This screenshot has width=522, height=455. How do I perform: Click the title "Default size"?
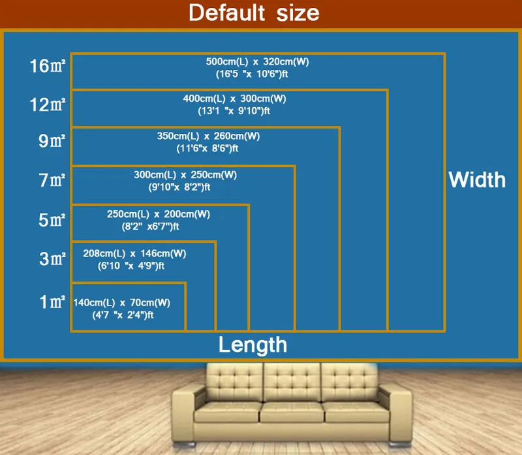254,13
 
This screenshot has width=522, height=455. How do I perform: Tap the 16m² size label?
47,66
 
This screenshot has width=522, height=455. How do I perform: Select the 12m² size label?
47,104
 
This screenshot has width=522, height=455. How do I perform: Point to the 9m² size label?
52,140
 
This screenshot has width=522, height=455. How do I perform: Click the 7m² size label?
52,180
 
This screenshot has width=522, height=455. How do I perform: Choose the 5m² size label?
52,219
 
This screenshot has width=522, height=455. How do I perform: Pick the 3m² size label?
52,259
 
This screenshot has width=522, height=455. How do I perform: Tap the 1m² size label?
52,302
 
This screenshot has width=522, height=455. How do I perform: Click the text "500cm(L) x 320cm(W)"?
257,61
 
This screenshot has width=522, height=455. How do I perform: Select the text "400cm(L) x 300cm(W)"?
234,99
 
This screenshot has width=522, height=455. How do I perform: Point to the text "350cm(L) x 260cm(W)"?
208,136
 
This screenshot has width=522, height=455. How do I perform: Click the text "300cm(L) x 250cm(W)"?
185,175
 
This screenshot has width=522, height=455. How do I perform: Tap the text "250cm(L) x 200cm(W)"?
159,214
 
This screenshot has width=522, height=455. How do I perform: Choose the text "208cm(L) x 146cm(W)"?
134,253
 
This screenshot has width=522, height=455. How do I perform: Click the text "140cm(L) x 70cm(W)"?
122,302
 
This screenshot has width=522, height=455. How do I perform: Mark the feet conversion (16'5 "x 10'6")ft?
252,74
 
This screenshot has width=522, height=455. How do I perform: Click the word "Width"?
477,180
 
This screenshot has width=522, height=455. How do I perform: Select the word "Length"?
253,345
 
